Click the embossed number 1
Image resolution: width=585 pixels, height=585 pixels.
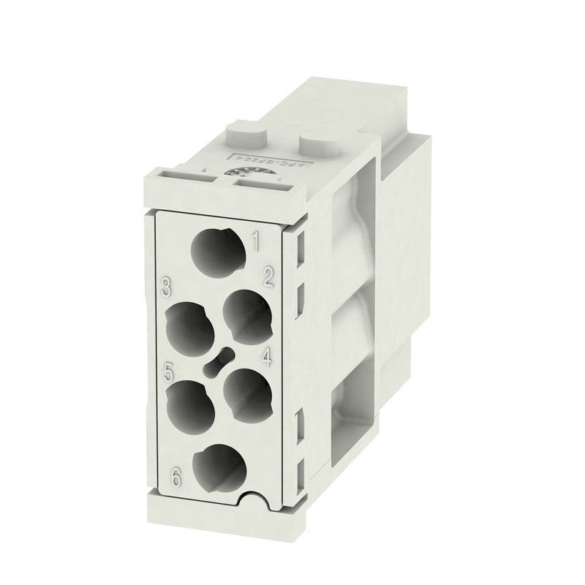tap(257, 238)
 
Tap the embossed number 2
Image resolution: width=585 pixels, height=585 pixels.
tap(268, 276)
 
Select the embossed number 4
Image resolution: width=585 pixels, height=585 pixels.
tap(266, 357)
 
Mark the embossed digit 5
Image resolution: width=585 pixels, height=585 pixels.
tap(169, 371)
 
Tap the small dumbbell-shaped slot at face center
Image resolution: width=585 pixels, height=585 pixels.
tap(219, 360)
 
